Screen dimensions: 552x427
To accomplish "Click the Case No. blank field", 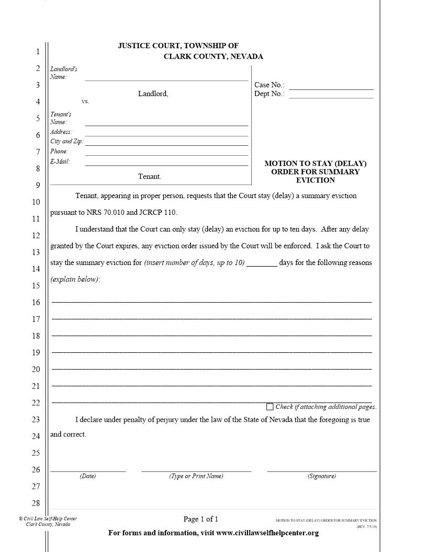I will pyautogui.click(x=331, y=86).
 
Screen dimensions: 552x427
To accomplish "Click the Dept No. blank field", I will pyautogui.click(x=331, y=95).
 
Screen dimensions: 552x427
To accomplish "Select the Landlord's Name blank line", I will pyautogui.click(x=166, y=77).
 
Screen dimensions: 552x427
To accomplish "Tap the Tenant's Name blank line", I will pyautogui.click(x=166, y=123).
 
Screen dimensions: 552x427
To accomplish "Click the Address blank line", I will pyautogui.click(x=166, y=133).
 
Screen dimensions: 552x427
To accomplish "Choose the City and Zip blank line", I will pyautogui.click(x=166, y=142).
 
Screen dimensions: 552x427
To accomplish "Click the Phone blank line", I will pyautogui.click(x=166, y=152).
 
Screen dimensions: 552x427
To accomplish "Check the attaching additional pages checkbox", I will pyautogui.click(x=270, y=407).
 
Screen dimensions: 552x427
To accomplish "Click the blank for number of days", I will pyautogui.click(x=262, y=263).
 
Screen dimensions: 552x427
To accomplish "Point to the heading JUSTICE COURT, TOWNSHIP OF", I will pyautogui.click(x=178, y=46).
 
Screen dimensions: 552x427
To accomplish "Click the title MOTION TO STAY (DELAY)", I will pyautogui.click(x=315, y=163).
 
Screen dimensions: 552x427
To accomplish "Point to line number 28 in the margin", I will pyautogui.click(x=36, y=503).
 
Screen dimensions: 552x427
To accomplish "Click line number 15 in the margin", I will pyautogui.click(x=36, y=285).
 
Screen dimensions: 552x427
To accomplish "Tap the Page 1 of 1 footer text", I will pyautogui.click(x=200, y=519).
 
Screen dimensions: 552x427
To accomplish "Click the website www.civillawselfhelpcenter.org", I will pyautogui.click(x=267, y=533).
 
